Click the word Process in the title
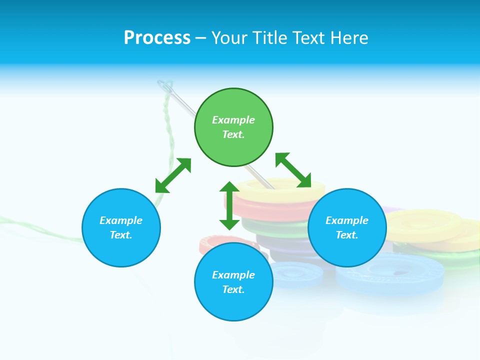pos(157,38)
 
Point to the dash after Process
pos(200,38)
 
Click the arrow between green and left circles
pos(173,175)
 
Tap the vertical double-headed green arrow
pos(229,205)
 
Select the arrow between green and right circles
pos(293,170)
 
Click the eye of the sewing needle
pos(166,89)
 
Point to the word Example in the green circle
pos(233,120)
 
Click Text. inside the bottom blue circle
pos(233,289)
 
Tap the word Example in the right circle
pos(347,220)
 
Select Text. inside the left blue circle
pos(121,235)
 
